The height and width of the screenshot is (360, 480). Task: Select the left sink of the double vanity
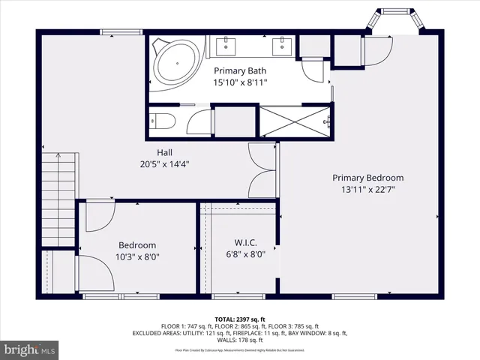point(226,46)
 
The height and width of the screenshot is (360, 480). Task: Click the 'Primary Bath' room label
point(240,71)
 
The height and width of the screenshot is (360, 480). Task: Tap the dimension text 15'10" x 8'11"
point(240,82)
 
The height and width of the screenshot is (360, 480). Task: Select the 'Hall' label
point(164,152)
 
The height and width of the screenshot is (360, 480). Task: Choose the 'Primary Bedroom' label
point(368,178)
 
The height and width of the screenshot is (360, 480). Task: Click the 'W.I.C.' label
point(246,242)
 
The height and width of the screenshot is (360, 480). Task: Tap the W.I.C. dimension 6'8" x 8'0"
point(246,254)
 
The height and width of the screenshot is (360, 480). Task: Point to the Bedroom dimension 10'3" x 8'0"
point(138,256)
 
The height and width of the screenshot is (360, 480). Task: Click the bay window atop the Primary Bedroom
point(394,22)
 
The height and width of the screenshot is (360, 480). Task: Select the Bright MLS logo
point(29,349)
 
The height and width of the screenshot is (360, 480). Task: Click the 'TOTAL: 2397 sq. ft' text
point(239,319)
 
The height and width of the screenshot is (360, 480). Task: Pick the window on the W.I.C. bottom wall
point(238,296)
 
